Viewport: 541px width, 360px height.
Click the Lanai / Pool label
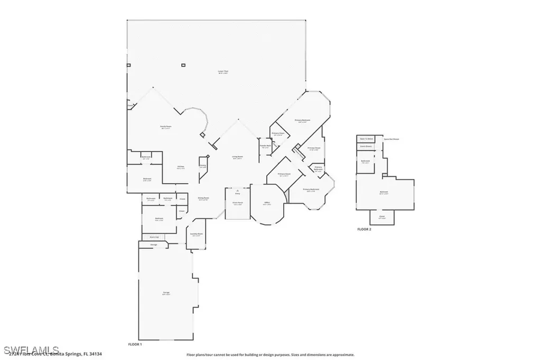coord(223,71)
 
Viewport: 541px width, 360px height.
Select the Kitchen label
coord(180,167)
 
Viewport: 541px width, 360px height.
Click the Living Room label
coord(237,157)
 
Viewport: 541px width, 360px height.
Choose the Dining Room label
coord(203,198)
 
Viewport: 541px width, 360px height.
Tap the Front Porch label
coord(238,203)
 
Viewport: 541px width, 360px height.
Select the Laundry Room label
coord(195,234)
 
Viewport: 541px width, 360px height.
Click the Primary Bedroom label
coord(302,120)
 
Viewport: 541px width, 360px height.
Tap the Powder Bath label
coord(265,146)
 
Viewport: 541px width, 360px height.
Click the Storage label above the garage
coord(154,244)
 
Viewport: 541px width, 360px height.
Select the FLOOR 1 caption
coord(135,344)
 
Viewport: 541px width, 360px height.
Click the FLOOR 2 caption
coord(365,229)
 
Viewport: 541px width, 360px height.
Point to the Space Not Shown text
coord(391,139)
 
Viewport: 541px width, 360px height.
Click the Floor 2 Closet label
coord(381,216)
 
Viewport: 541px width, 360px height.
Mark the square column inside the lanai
coord(183,65)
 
